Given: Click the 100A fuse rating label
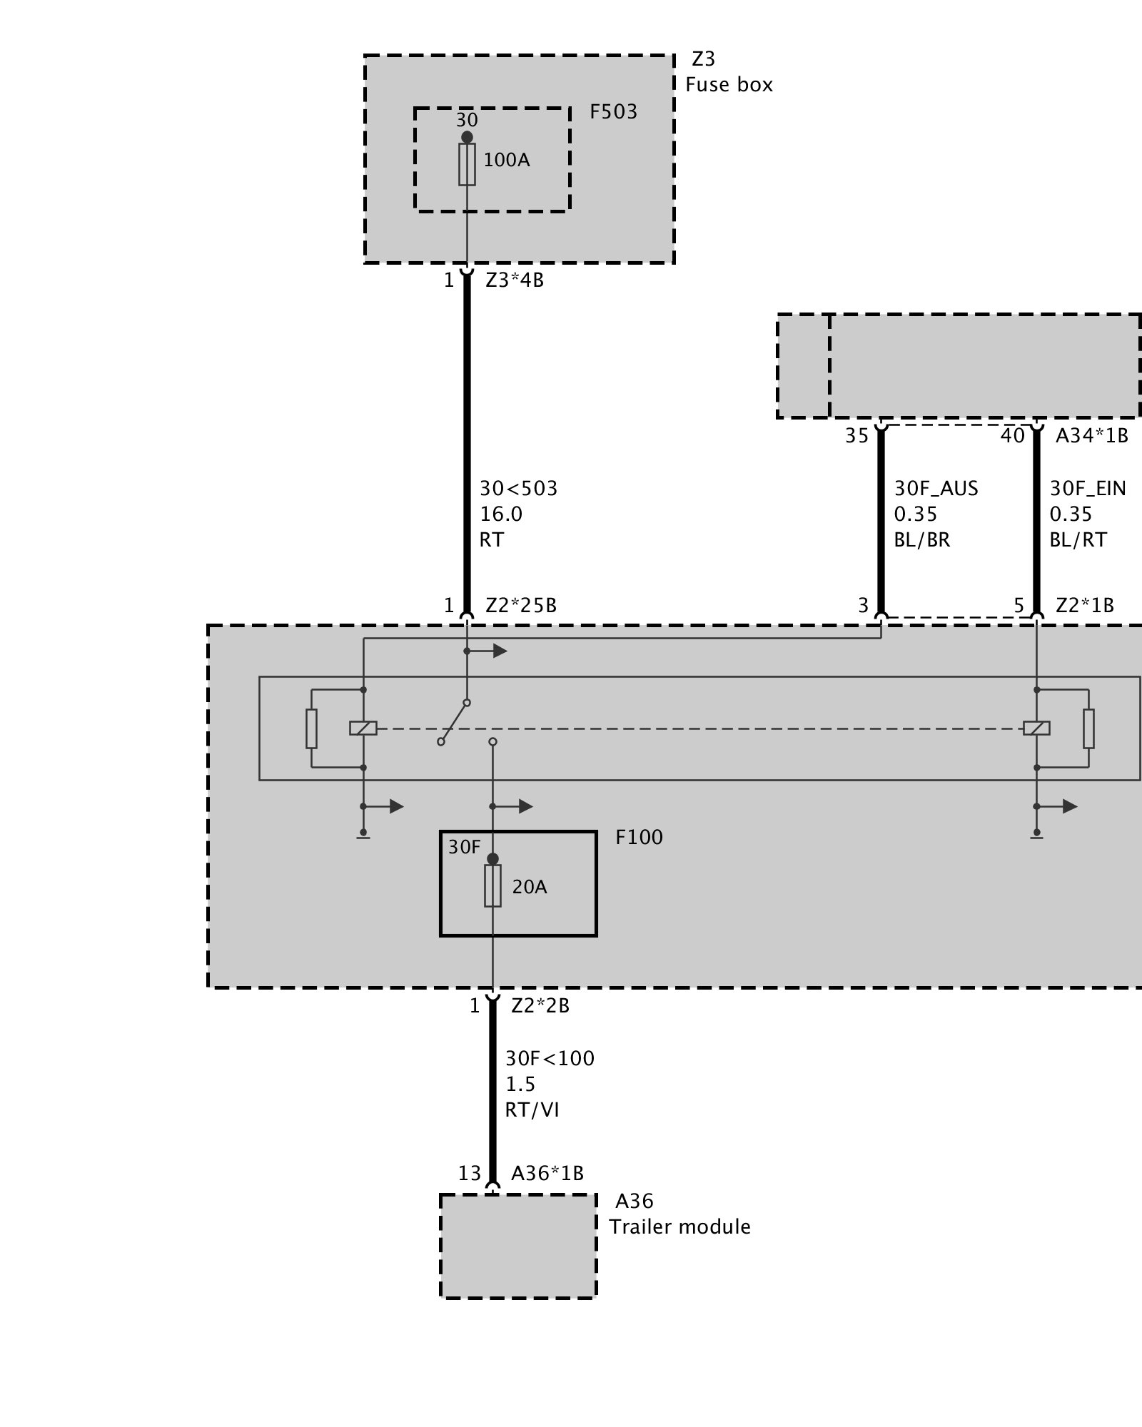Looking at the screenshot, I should pyautogui.click(x=507, y=160).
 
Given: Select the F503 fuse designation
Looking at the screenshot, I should pyautogui.click(x=613, y=112).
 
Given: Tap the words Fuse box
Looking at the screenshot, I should pyautogui.click(x=729, y=85).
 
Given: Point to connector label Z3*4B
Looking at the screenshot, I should pyautogui.click(x=514, y=280).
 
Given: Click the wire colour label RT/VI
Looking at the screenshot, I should pyautogui.click(x=532, y=1110).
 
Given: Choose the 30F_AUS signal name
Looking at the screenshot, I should pyautogui.click(x=936, y=489).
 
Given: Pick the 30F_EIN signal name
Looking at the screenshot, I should pyautogui.click(x=1087, y=489).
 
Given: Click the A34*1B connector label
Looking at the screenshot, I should pyautogui.click(x=1091, y=435).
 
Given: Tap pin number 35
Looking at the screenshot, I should pyautogui.click(x=856, y=435).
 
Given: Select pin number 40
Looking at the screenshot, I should pyautogui.click(x=1012, y=435).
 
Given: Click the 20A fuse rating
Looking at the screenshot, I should pyautogui.click(x=530, y=887).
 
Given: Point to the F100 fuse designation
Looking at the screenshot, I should pyautogui.click(x=639, y=837).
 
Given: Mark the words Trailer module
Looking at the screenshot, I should pyautogui.click(x=679, y=1227).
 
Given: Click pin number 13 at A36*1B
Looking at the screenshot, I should pyautogui.click(x=470, y=1174).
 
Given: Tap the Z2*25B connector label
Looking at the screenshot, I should pyautogui.click(x=521, y=606).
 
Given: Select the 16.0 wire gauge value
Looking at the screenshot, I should pyautogui.click(x=501, y=514).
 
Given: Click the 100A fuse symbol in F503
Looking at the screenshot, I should pyautogui.click(x=467, y=165).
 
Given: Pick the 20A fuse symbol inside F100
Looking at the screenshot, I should pyautogui.click(x=492, y=886).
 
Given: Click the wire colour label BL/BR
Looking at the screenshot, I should pyautogui.click(x=922, y=540).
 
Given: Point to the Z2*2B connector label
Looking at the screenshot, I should pyautogui.click(x=540, y=1006).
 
